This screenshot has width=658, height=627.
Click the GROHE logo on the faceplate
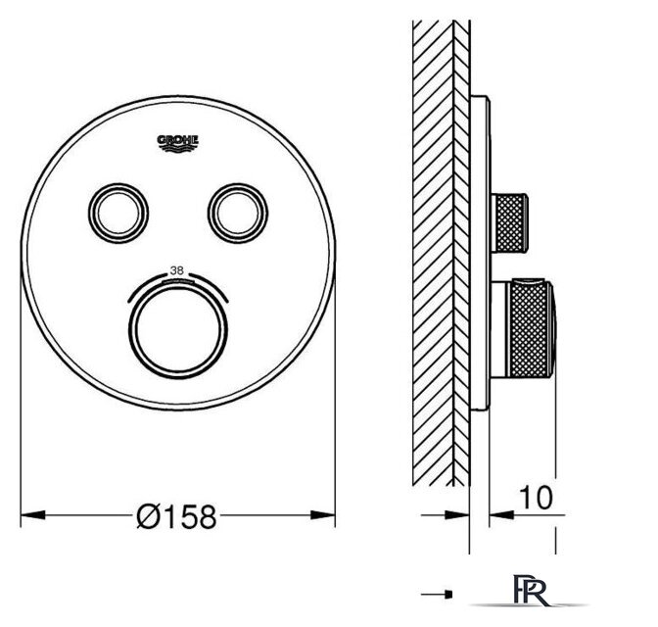pos(177,143)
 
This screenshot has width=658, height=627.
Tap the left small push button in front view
pos(118,213)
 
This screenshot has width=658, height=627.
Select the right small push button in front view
pos(238,213)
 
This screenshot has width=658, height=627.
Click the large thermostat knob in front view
pos(178,328)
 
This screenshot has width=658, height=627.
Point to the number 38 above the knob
pos(176,270)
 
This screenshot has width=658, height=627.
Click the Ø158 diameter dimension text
pos(176,516)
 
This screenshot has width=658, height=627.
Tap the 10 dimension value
pos(536,498)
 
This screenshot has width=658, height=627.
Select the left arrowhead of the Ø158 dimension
pos(32,514)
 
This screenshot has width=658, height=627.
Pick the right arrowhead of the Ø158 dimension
pos(323,514)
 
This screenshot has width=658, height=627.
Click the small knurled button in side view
pos(509,223)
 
